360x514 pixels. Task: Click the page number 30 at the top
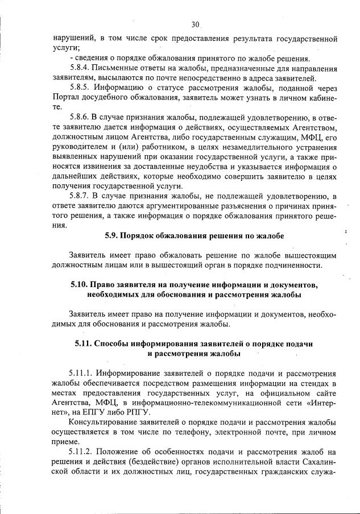195,24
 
